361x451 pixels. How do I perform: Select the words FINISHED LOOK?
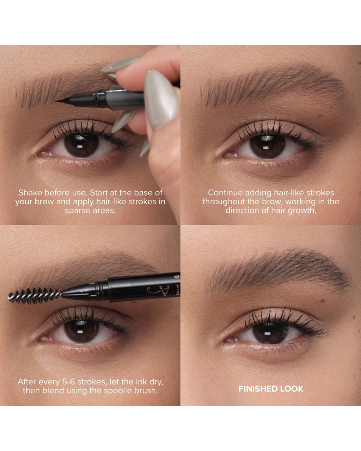(x=271, y=389)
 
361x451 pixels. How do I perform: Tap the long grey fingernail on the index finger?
(x=161, y=95)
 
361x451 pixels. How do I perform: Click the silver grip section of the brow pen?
(x=125, y=97)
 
